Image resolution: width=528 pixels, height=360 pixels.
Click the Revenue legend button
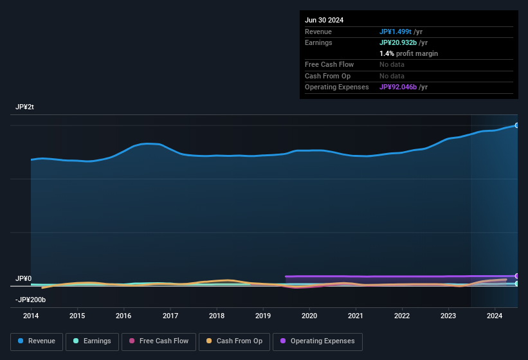click(37, 341)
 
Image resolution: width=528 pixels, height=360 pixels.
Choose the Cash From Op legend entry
click(234, 341)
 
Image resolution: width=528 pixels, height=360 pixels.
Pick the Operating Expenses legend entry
click(318, 341)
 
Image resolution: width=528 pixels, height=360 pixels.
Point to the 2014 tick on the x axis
click(31, 316)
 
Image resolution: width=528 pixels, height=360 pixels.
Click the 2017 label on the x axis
click(170, 316)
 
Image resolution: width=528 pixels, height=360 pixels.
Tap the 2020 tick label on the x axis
click(309, 316)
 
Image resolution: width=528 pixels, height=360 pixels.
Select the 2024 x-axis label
click(495, 316)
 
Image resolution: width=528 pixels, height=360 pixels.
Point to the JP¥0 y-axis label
click(23, 278)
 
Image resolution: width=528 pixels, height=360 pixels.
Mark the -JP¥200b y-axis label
click(30, 300)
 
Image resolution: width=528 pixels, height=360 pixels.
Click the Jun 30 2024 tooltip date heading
click(324, 20)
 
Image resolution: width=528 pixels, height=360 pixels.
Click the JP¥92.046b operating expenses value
click(398, 87)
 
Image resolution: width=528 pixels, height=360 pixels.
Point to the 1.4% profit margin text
click(408, 53)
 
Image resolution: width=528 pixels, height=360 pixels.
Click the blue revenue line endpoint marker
click(516, 125)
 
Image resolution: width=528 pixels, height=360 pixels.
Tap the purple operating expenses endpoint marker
click(516, 276)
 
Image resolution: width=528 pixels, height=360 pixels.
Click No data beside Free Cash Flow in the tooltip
click(392, 64)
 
